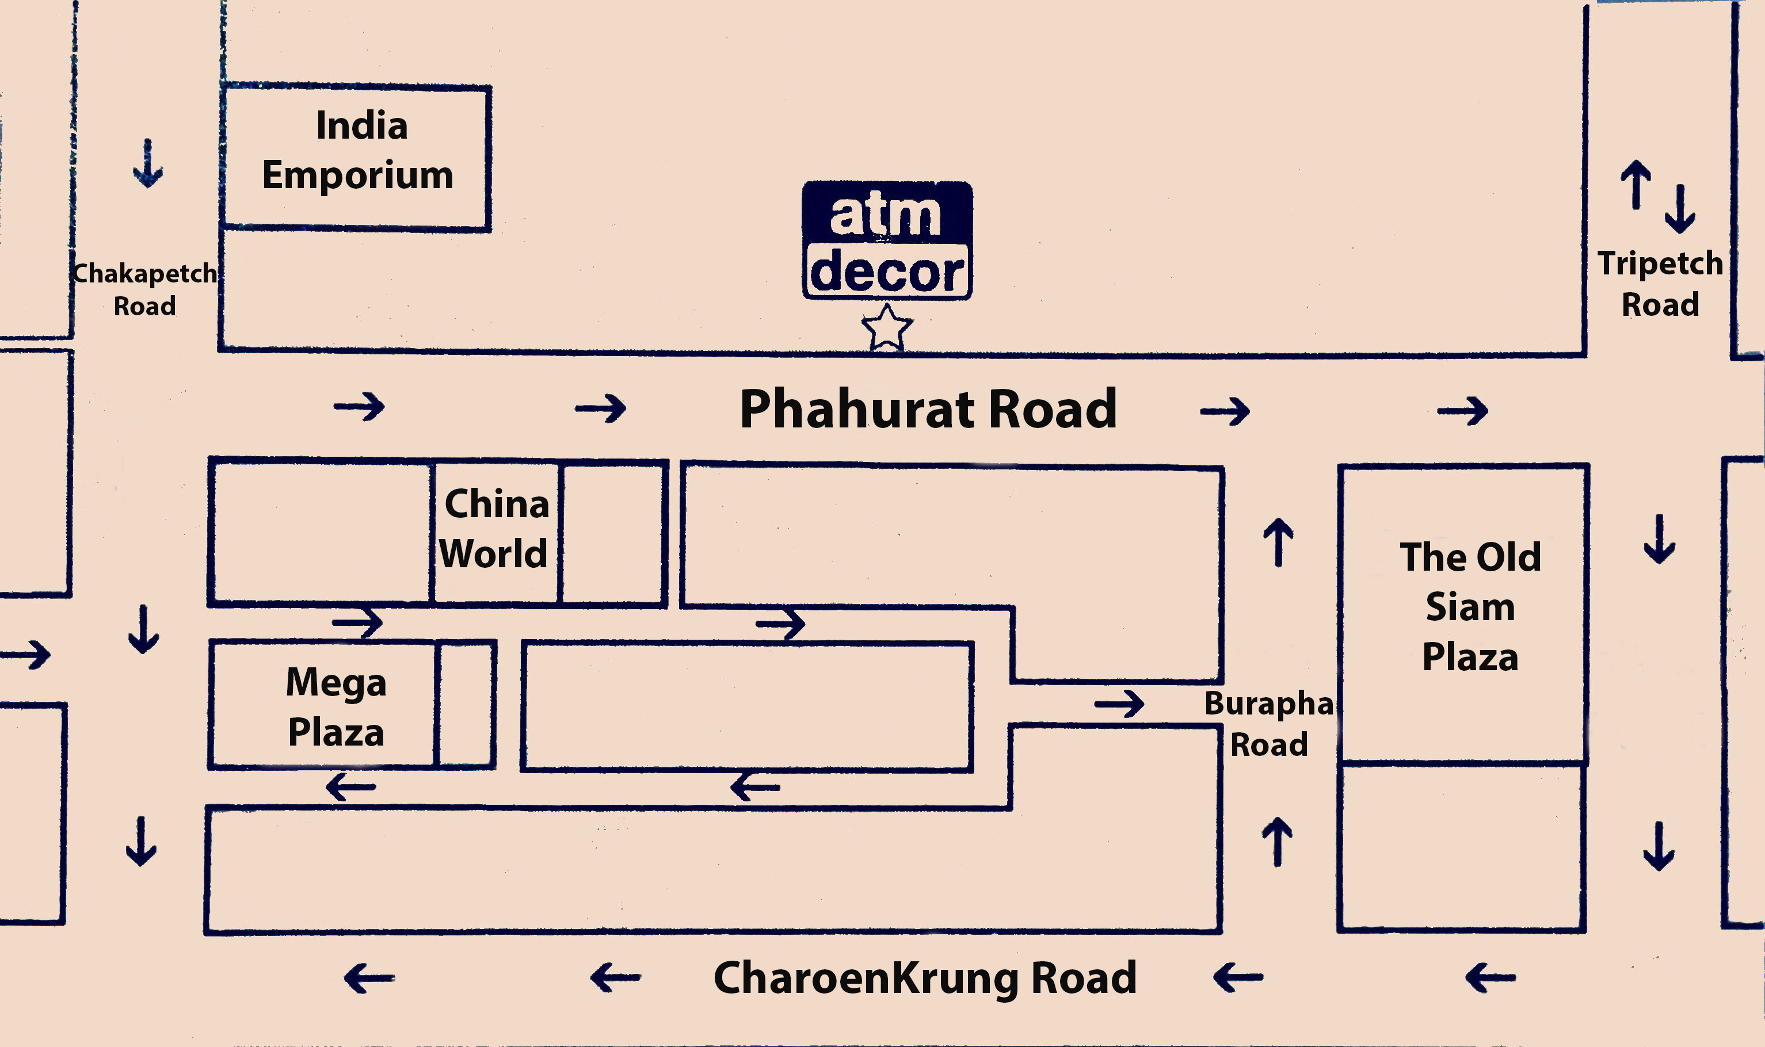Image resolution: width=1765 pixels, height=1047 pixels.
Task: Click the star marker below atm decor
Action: (886, 327)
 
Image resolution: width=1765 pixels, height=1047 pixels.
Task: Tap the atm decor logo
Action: (887, 240)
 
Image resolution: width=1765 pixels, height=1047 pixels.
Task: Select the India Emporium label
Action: (359, 150)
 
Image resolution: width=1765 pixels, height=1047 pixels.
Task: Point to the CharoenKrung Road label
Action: (924, 978)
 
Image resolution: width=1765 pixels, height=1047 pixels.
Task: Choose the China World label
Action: (495, 529)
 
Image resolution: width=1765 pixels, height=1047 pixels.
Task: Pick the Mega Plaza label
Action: (336, 707)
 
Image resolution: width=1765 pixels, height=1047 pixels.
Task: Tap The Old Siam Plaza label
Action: (1469, 607)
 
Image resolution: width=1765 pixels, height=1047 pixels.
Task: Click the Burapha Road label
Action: (1268, 724)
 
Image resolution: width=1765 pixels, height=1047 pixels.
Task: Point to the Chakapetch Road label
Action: (144, 289)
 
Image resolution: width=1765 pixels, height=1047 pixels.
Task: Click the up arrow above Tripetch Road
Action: (1635, 184)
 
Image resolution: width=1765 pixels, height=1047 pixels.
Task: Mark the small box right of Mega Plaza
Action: (466, 704)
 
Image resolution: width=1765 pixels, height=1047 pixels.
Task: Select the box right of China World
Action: (612, 533)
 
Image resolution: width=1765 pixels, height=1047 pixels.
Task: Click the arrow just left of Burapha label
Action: (1119, 704)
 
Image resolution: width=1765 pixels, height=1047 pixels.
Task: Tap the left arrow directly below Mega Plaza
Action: (350, 786)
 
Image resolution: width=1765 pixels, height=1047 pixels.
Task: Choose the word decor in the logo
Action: (887, 272)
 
